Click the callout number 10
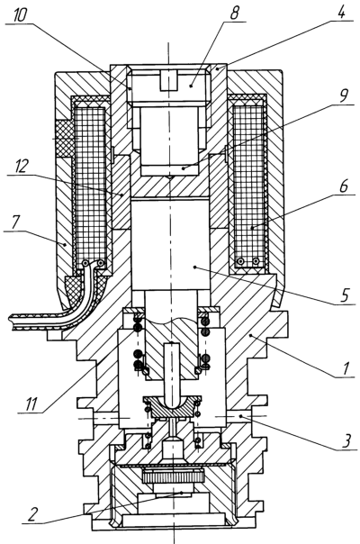[x=20, y=15]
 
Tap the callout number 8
[x=234, y=13]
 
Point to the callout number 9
[x=344, y=95]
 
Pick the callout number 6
[x=343, y=186]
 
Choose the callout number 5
[x=344, y=295]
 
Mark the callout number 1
[x=346, y=368]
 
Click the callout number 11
[x=31, y=404]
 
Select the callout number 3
[x=346, y=441]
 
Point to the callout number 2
[x=31, y=514]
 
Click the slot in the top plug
[x=168, y=80]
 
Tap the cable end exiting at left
[x=13, y=322]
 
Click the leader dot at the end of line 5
[x=195, y=267]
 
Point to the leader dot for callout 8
[x=192, y=85]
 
